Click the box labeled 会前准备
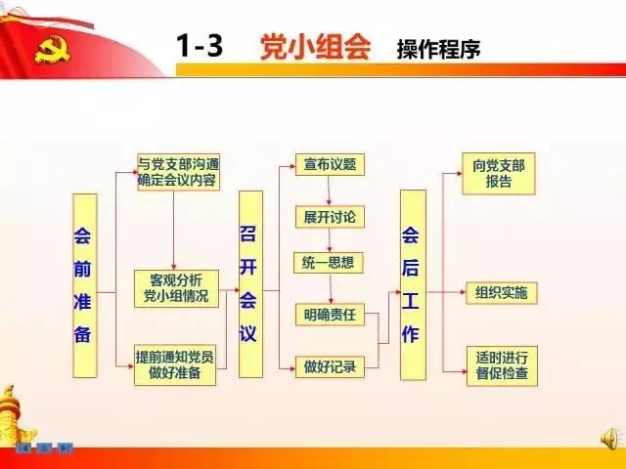[85, 285]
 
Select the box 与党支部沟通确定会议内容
[177, 172]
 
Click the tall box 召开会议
[250, 284]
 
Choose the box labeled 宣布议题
[329, 164]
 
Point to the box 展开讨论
[329, 215]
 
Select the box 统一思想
[329, 263]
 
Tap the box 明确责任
[329, 315]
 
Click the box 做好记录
[329, 367]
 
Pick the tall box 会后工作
[413, 284]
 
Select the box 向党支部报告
[499, 174]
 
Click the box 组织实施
[500, 292]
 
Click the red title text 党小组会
[315, 46]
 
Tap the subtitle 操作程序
[438, 49]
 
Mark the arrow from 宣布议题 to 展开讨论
[329, 190]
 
